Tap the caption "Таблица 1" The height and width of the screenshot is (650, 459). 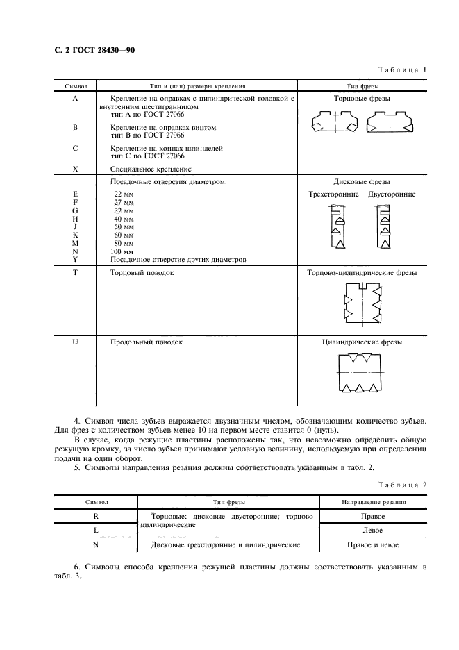pos(402,70)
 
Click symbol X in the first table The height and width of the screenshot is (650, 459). pos(75,169)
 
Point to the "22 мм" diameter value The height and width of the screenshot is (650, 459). pos(123,194)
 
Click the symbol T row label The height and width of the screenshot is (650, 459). pos(75,273)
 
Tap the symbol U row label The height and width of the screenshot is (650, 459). pos(75,342)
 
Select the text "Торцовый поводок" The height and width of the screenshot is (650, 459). pos(142,273)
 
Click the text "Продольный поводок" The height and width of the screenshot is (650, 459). pos(146,342)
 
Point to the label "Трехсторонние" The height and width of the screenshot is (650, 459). pos(333,194)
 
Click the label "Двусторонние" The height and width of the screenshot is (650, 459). pos(392,194)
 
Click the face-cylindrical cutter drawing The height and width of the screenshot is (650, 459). pos(362,303)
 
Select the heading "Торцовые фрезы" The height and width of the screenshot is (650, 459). pos(362,99)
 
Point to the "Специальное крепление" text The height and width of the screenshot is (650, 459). pos(151,169)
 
